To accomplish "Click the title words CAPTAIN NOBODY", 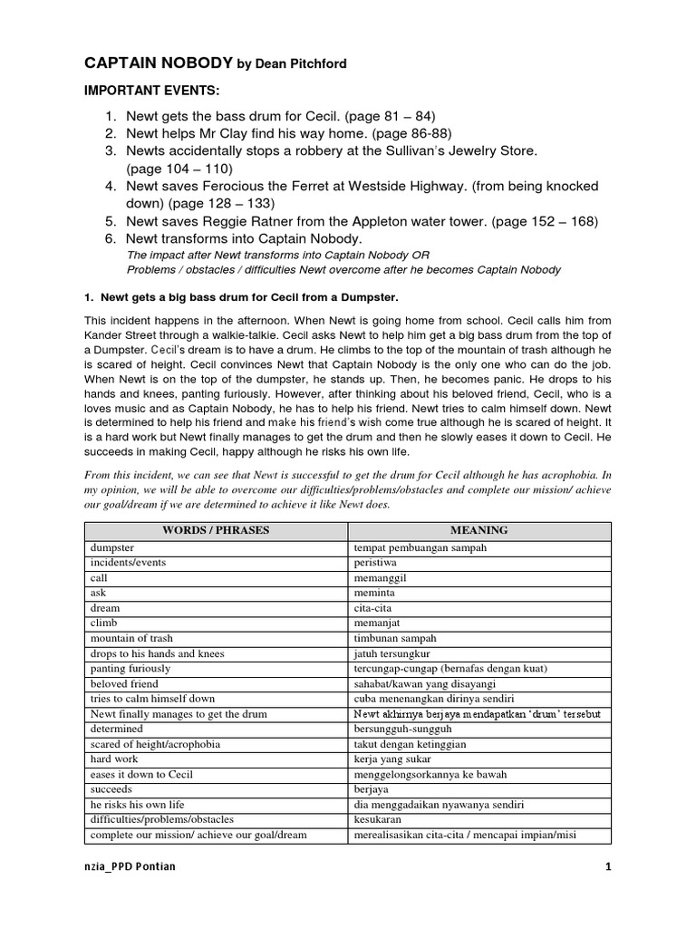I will coord(159,63).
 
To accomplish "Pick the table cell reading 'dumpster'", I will coord(112,547).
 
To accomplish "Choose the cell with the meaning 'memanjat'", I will coord(377,623).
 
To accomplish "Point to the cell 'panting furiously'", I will coord(129,669).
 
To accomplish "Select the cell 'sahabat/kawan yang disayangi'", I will coord(425,684).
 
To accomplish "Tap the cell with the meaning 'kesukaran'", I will coord(378,820).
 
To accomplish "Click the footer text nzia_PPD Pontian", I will coord(128,866).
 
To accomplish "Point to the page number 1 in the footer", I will coord(609,866).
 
